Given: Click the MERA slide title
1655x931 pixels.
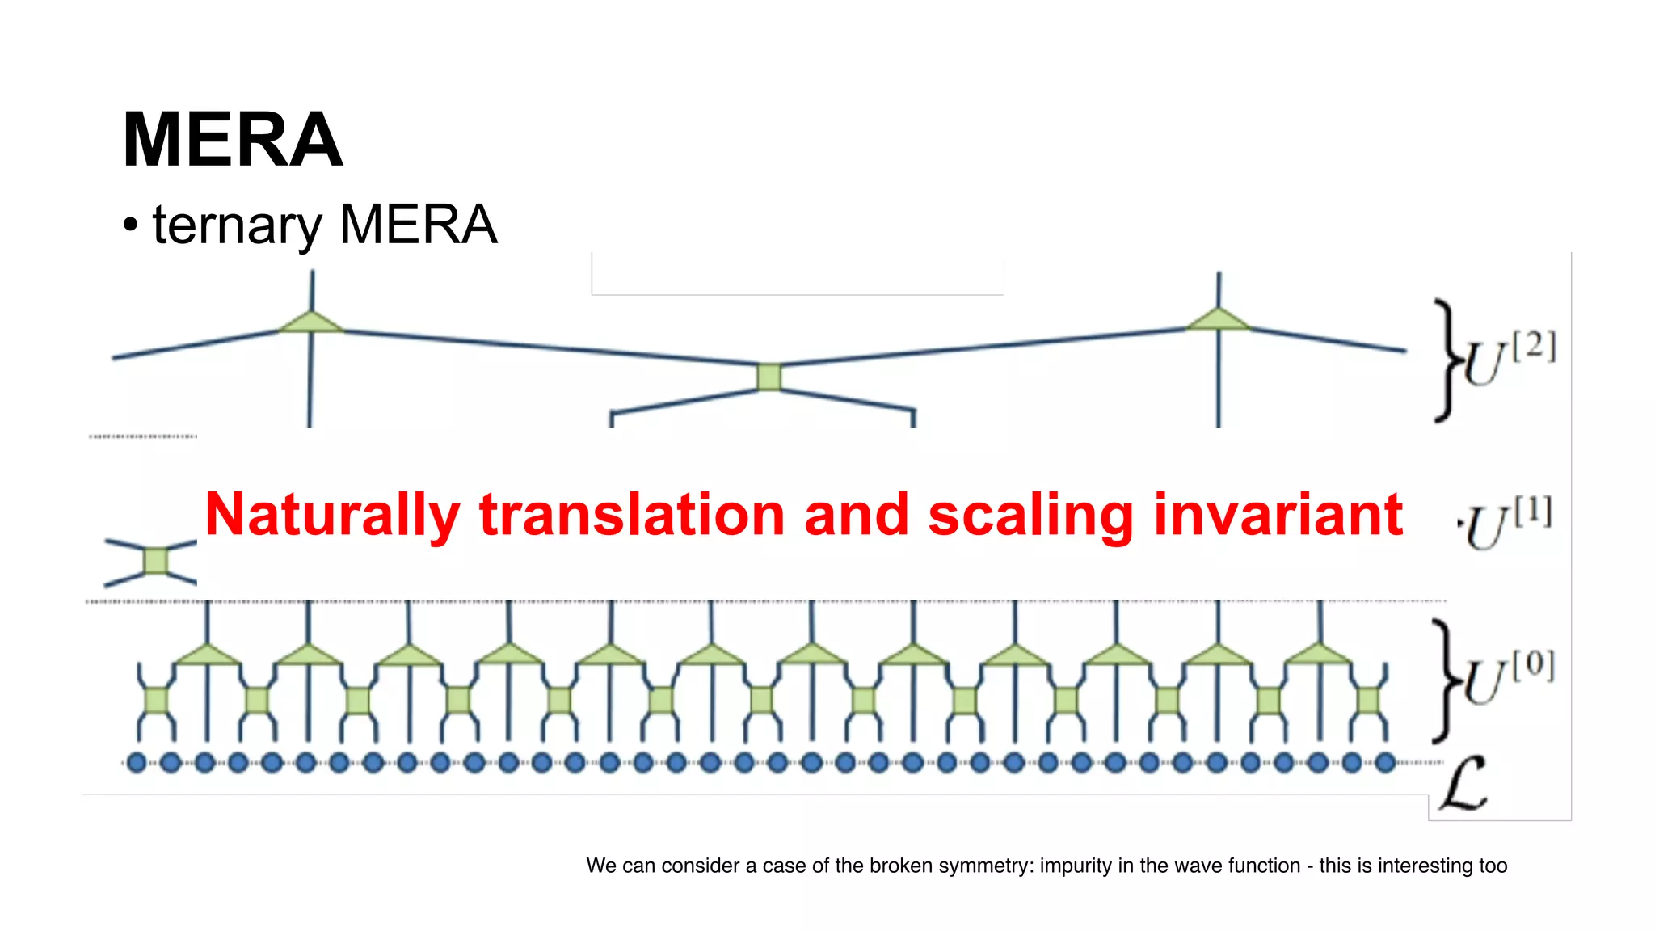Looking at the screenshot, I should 233,141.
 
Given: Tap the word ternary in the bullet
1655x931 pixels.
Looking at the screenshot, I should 237,225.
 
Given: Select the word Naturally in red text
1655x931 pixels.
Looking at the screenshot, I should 332,515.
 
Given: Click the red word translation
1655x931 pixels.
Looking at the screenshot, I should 632,515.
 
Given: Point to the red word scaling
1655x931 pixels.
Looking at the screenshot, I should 1031,515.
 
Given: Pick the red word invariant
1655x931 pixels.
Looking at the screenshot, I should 1278,515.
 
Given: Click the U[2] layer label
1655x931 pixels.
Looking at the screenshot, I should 1508,360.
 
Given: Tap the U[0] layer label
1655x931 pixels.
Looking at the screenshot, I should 1508,678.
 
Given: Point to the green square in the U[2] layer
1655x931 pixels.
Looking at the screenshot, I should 769,377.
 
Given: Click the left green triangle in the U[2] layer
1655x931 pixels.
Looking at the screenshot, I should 311,322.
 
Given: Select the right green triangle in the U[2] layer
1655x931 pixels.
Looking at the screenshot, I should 1218,319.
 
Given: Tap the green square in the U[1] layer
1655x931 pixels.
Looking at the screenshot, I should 155,560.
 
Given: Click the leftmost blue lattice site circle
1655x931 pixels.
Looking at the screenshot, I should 137,762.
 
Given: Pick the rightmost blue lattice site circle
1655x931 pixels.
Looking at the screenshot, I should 1385,762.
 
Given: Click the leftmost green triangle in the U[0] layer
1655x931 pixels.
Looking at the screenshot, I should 208,655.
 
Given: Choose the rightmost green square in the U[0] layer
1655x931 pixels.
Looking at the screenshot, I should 1369,700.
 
